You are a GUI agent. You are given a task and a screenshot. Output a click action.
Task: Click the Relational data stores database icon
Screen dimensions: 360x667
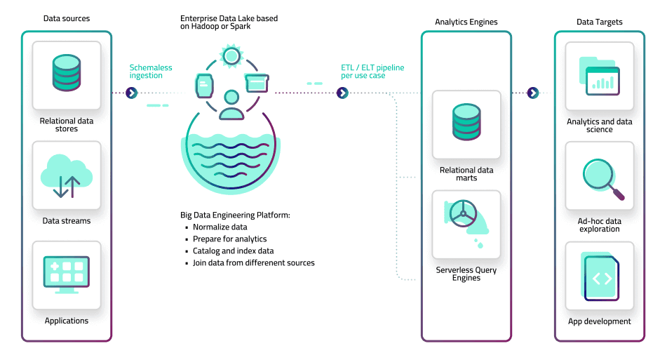coord(67,72)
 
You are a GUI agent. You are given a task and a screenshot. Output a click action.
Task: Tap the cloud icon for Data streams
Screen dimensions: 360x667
coord(67,175)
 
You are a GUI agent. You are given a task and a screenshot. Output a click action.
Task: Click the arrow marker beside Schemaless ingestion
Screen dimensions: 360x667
coord(131,93)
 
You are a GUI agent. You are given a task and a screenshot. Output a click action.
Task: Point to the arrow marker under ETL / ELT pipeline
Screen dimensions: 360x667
coord(342,93)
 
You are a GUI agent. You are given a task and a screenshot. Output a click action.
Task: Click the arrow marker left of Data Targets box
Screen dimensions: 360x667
coord(533,93)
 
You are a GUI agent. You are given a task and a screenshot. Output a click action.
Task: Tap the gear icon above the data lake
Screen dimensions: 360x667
coord(229,55)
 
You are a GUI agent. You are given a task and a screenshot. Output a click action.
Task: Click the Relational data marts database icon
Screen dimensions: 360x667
coord(466,122)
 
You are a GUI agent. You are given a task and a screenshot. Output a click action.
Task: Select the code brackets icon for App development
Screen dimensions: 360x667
coord(601,278)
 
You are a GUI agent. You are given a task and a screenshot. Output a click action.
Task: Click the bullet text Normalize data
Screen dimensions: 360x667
coord(220,227)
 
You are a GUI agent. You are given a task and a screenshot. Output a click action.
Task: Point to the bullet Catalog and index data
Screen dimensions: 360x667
coord(233,251)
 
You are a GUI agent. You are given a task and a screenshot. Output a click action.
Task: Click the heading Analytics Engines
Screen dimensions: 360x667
coord(466,22)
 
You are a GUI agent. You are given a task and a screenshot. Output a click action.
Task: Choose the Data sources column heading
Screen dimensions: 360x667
coord(67,18)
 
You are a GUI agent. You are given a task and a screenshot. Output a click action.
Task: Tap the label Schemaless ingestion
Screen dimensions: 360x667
coord(150,72)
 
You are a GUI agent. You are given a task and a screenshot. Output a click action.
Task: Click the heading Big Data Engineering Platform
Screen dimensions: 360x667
coord(235,215)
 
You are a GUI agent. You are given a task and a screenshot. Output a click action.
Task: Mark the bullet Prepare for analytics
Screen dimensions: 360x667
coord(229,239)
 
